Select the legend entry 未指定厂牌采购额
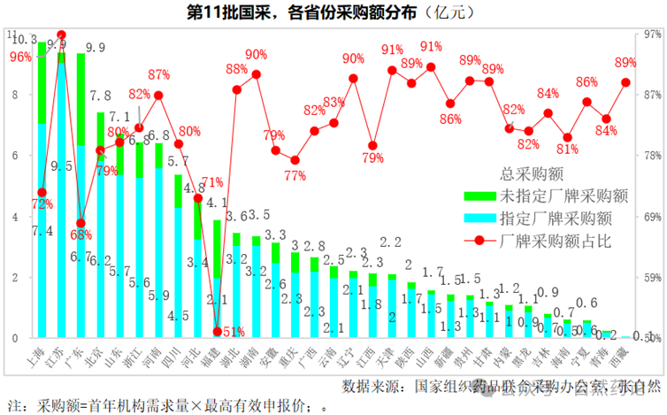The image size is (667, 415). pos(556,196)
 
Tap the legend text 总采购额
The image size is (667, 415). pos(532,174)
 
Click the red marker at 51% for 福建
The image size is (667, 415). pos(217,332)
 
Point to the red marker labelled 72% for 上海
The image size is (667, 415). pos(42,192)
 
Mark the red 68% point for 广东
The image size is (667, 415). pos(80,223)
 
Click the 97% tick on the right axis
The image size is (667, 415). pos(653,35)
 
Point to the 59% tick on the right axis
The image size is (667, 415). pos(653,277)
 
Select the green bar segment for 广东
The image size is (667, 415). pos(80,99)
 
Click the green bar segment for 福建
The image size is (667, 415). pos(217,249)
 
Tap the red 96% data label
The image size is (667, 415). pos(19,57)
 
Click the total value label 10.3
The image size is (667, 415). pos(27,40)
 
